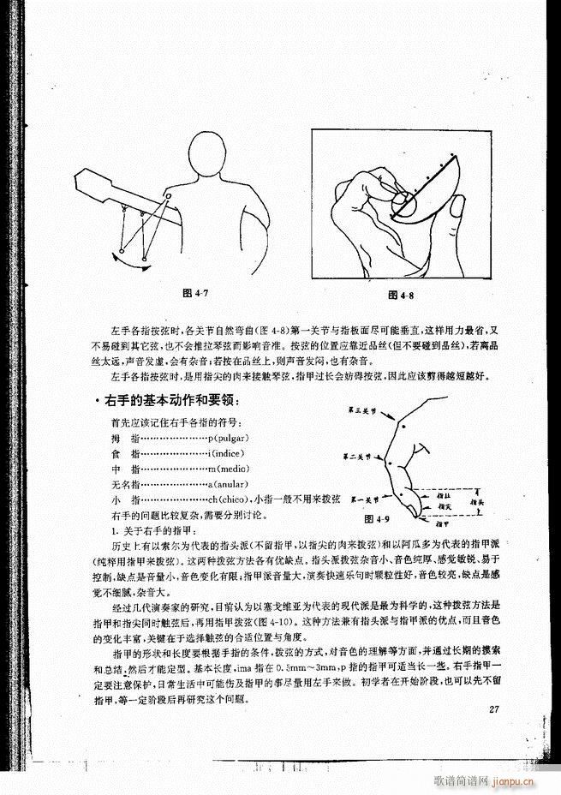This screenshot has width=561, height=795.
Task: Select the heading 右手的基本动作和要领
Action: click(x=170, y=402)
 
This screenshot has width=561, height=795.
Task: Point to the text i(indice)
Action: click(x=224, y=453)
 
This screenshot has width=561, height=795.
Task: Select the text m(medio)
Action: click(x=228, y=469)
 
